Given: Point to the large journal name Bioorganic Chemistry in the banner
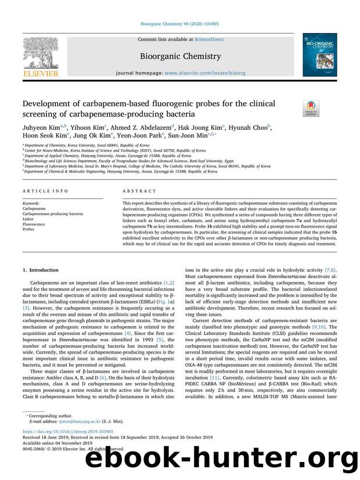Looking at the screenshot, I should (180, 56).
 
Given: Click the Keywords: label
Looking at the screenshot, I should (31, 203).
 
